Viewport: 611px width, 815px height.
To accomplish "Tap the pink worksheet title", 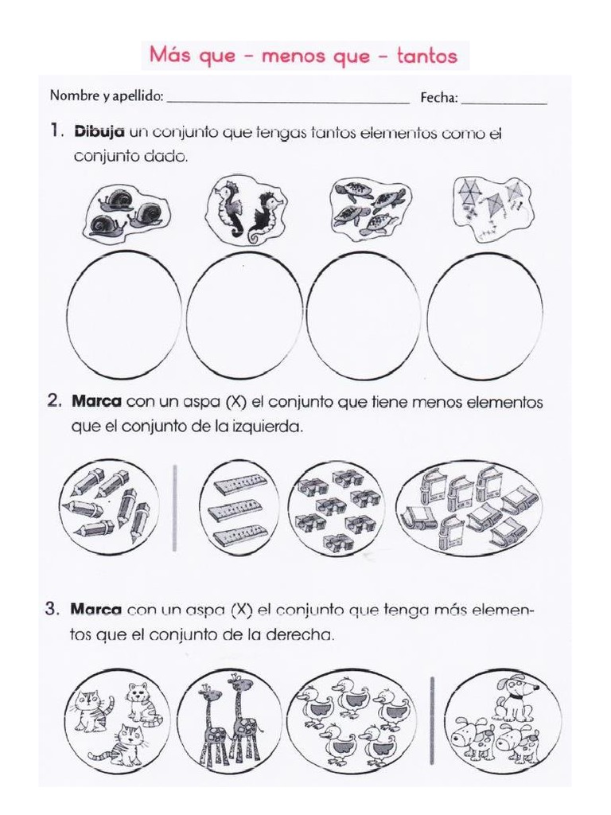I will pos(303,55).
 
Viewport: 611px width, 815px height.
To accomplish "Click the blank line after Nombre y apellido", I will pos(287,102).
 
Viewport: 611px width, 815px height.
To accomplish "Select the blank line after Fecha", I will pos(504,102).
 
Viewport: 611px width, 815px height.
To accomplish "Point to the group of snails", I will pos(124,212).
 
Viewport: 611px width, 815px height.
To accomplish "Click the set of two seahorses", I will pos(246,210).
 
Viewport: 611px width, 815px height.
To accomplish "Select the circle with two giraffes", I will pos(229,721).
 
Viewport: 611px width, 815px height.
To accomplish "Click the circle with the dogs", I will pos(498,721).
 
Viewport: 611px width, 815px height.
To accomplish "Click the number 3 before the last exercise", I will pos(52,610).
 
